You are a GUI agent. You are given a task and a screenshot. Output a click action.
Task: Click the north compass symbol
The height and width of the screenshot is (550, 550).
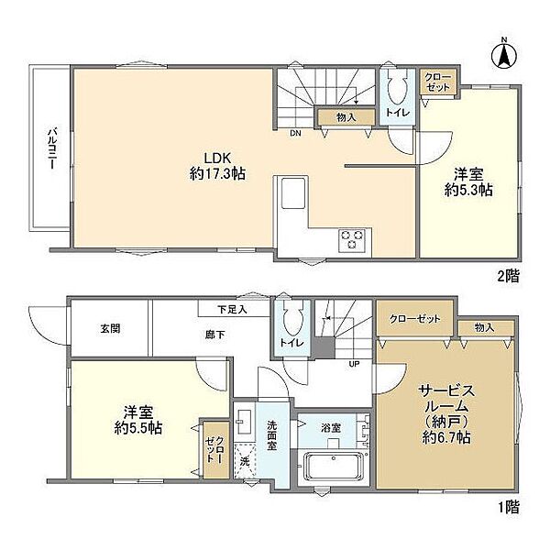504,55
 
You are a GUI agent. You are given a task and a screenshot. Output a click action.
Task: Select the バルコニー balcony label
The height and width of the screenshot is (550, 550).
52,148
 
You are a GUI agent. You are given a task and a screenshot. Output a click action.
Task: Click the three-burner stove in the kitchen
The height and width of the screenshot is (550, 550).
352,240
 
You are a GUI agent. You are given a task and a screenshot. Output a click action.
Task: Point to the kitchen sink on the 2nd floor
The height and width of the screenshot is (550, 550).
293,192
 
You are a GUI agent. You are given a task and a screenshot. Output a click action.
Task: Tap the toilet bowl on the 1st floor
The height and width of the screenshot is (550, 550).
291,318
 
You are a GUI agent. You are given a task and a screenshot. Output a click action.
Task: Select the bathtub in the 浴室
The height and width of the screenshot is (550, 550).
335,467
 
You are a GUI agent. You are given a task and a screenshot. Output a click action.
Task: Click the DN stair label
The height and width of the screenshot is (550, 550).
295,133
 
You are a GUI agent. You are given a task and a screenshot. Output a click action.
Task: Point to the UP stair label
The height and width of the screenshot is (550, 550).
354,364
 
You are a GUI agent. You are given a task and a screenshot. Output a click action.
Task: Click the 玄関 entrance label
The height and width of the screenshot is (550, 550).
110,329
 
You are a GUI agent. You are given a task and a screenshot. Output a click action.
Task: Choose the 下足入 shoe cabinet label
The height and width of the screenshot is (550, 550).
232,310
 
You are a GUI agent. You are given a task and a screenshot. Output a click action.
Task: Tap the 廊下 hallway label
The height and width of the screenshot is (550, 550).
214,335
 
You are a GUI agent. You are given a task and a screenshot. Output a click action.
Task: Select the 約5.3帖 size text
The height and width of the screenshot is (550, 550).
468,190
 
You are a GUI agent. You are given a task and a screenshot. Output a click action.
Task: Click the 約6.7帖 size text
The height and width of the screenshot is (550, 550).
446,437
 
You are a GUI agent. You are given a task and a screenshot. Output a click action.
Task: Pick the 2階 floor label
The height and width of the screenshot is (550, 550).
508,277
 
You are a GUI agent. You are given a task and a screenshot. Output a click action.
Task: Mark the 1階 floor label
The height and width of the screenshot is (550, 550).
509,507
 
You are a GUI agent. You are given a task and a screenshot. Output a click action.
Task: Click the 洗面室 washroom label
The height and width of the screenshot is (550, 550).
272,435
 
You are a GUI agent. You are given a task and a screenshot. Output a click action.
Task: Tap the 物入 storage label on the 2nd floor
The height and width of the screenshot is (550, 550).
346,117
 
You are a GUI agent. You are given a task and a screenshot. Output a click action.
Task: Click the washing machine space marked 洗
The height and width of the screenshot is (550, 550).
245,461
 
